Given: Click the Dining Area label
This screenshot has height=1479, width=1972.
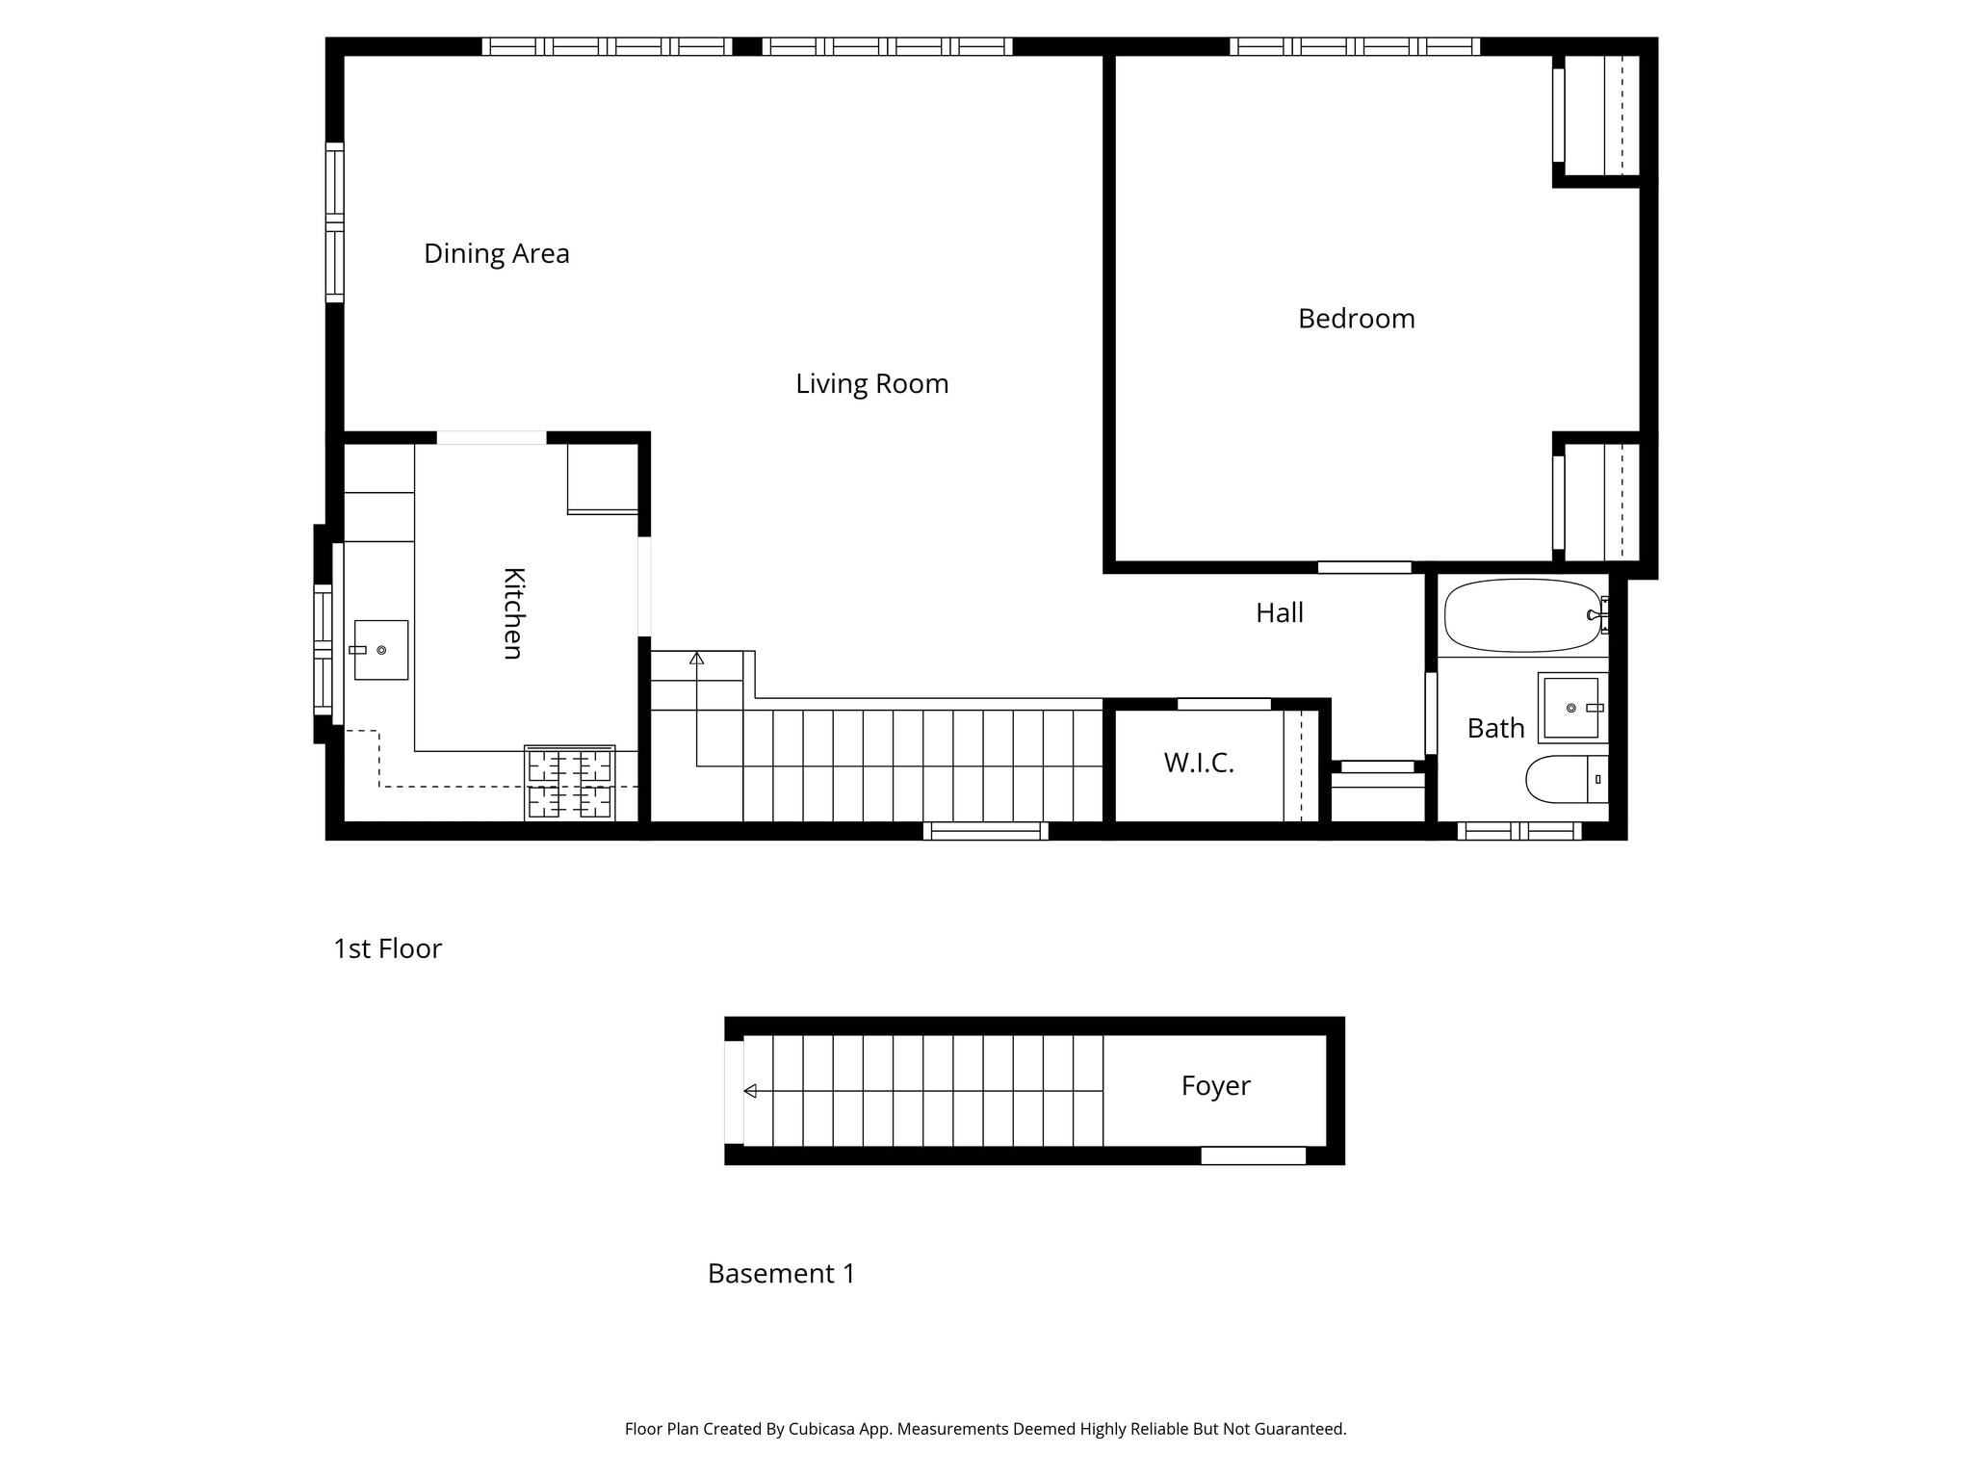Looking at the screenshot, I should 496,253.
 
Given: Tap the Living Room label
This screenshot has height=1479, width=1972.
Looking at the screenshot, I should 871,384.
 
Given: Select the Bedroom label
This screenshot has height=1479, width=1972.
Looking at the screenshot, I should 1356,319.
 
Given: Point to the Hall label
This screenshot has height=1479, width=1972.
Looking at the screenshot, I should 1279,613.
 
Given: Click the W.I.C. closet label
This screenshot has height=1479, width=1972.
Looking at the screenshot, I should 1198,763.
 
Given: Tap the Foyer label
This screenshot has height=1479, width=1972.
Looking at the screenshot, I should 1215,1086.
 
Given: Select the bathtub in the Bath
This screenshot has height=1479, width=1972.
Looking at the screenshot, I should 1521,615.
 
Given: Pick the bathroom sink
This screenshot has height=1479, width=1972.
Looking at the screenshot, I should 1571,708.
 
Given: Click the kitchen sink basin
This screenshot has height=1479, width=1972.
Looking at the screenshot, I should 381,650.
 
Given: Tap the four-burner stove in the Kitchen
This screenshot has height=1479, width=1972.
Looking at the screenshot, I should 569,782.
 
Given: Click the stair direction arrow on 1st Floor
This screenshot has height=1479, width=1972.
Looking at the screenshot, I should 697,659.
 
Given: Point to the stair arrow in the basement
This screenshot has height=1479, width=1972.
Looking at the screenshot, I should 750,1091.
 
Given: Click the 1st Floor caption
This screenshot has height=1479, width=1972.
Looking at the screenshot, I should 387,949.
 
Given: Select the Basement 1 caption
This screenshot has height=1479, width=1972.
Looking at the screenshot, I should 781,1274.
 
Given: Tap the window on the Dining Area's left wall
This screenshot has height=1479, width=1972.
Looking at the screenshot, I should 334,222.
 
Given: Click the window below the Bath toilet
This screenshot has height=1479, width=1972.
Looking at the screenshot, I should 1518,831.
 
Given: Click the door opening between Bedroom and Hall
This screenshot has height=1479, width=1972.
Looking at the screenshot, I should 1363,568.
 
